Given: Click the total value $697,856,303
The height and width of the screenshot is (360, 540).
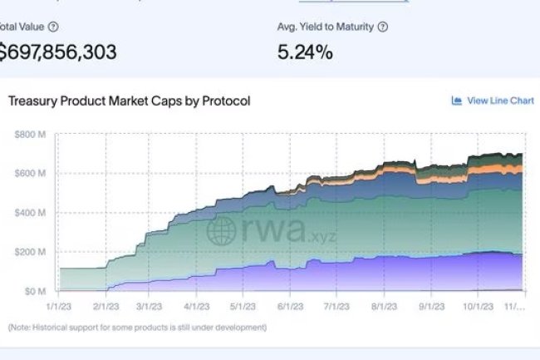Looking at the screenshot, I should (58, 52).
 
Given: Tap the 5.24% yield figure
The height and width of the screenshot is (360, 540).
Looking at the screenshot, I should (305, 52).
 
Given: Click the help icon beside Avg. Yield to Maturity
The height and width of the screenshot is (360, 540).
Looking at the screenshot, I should (383, 27).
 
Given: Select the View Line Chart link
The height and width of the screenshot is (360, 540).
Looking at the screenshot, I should (500, 101).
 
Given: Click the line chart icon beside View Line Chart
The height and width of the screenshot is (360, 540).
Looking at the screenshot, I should (456, 101).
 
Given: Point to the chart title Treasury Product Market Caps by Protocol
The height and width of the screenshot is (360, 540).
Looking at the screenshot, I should (130, 101).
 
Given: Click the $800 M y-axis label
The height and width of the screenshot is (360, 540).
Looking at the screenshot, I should (32, 134).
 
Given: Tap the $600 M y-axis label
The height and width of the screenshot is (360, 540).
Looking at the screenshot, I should (32, 173).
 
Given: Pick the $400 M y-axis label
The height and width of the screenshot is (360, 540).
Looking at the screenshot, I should (32, 213).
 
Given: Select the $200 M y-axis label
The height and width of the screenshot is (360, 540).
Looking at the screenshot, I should (32, 252).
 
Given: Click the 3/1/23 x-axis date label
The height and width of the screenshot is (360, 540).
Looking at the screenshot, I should (160, 306).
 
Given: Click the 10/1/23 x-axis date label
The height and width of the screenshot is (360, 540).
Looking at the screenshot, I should (479, 306).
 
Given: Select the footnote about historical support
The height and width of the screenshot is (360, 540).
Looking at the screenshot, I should (137, 328).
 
